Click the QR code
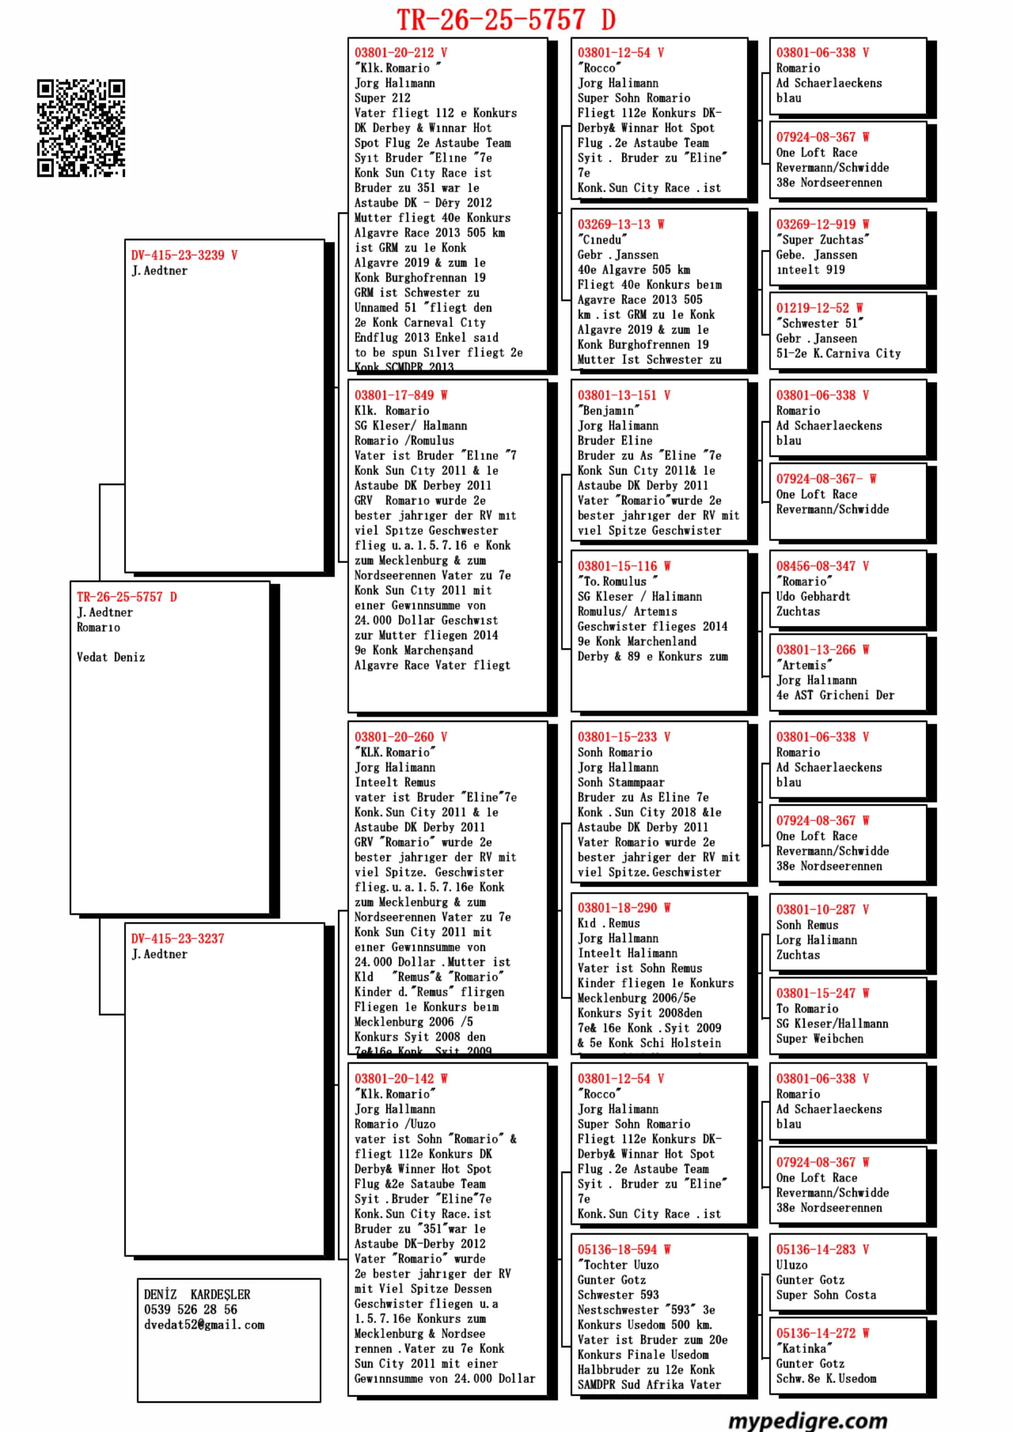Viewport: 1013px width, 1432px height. click(80, 128)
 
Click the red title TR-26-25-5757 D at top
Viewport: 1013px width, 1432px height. click(506, 20)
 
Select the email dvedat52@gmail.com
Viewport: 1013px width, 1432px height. click(204, 1325)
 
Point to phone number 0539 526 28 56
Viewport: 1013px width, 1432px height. click(190, 1309)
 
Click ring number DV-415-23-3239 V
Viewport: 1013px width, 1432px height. click(184, 255)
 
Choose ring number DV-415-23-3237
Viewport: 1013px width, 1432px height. click(178, 939)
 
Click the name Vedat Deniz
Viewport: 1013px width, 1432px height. click(111, 658)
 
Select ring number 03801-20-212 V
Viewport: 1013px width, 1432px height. click(401, 53)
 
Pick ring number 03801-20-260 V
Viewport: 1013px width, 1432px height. click(401, 737)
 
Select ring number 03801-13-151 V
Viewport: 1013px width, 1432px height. click(623, 395)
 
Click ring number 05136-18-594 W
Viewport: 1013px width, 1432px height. click(623, 1250)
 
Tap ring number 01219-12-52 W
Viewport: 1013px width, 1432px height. click(819, 308)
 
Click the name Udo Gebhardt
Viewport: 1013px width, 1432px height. click(813, 596)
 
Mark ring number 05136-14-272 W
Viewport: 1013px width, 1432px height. click(822, 1333)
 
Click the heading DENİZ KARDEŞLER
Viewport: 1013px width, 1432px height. click(197, 1294)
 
